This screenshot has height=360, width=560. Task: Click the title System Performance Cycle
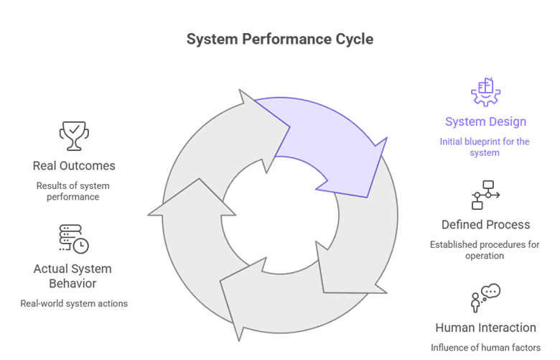pos(280,39)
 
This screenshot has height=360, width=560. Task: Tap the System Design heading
pos(486,121)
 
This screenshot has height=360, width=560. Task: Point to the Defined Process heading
pos(485,225)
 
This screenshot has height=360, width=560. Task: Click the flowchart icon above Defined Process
pos(485,195)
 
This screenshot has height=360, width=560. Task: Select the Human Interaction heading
pos(485,328)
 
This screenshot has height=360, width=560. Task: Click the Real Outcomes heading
pos(74,166)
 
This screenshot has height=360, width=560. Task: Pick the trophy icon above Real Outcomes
pos(74,136)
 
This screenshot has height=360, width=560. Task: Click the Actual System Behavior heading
pos(73,276)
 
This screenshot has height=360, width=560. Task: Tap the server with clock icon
pos(73,239)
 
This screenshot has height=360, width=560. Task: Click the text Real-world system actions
pos(74,303)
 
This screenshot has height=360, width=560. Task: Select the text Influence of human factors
pos(485,348)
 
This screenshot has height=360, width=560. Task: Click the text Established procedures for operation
pos(485,250)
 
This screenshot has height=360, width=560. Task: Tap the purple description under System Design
pos(485,147)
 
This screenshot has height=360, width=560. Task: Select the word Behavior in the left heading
pos(73,284)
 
